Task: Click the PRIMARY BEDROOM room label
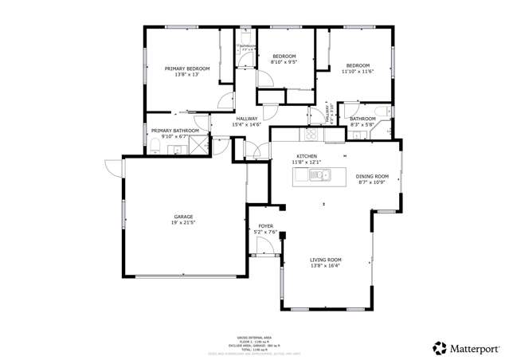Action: pyautogui.click(x=187, y=69)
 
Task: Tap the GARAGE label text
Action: pyautogui.click(x=184, y=217)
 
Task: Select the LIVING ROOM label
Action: pyautogui.click(x=325, y=260)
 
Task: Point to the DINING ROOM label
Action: pyautogui.click(x=371, y=176)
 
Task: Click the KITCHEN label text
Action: pyautogui.click(x=307, y=156)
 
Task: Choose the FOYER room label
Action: pyautogui.click(x=265, y=226)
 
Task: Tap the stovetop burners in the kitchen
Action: pyautogui.click(x=313, y=135)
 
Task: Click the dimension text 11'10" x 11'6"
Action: pyautogui.click(x=359, y=72)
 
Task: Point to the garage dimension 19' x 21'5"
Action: pyautogui.click(x=184, y=223)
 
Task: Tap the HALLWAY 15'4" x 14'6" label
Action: pyautogui.click(x=246, y=124)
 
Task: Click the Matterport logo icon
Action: pyautogui.click(x=439, y=348)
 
